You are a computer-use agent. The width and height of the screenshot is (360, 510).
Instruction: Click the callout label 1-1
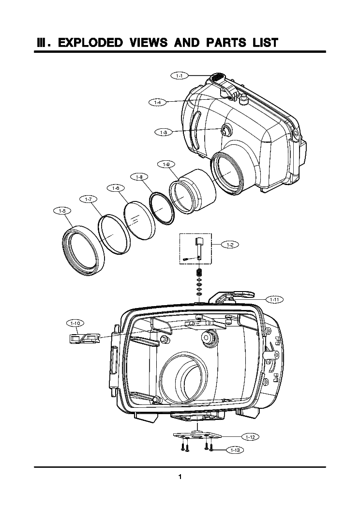pyautogui.click(x=179, y=76)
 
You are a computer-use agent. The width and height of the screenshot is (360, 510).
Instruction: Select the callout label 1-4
pyautogui.click(x=157, y=102)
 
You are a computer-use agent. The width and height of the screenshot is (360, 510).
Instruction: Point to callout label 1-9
pyautogui.click(x=166, y=164)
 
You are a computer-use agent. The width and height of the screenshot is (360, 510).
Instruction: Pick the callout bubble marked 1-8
pyautogui.click(x=139, y=177)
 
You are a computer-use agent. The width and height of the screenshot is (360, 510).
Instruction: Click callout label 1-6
pyautogui.click(x=115, y=187)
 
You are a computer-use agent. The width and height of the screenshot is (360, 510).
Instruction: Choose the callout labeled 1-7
pyautogui.click(x=88, y=199)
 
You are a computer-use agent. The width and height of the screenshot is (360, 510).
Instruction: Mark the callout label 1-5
pyautogui.click(x=61, y=210)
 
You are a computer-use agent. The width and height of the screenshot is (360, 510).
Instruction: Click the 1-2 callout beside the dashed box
pyautogui.click(x=229, y=245)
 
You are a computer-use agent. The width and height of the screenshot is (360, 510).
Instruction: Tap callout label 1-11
pyautogui.click(x=274, y=299)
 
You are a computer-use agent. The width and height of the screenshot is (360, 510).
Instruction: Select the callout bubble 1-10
pyautogui.click(x=75, y=322)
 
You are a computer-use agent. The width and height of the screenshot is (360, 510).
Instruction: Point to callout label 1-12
pyautogui.click(x=250, y=437)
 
